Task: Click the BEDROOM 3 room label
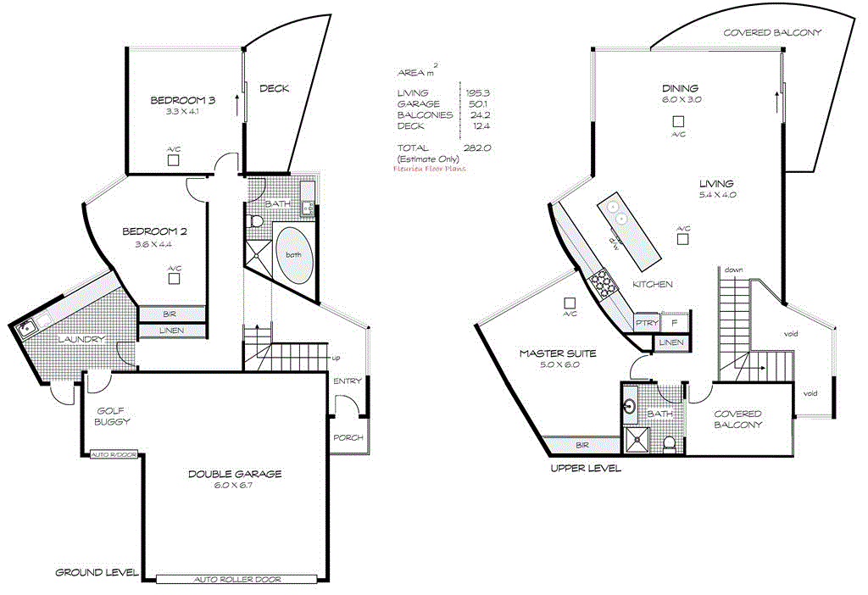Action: point(182,100)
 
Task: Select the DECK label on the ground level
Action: point(274,88)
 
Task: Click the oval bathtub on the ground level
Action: point(294,254)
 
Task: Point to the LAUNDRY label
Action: point(81,340)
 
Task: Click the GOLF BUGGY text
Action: point(112,415)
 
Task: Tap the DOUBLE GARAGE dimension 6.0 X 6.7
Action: point(235,487)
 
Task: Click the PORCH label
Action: point(348,437)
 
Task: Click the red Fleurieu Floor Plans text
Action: point(430,169)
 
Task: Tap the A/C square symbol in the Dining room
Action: point(678,122)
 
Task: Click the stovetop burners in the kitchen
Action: point(603,284)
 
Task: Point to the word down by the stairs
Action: point(734,270)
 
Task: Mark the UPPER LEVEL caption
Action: point(586,468)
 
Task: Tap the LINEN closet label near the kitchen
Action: point(670,342)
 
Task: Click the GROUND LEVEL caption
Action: point(97,572)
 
